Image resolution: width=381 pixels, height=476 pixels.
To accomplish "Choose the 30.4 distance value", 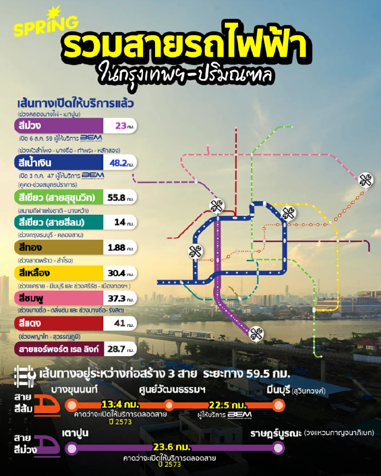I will [118, 273].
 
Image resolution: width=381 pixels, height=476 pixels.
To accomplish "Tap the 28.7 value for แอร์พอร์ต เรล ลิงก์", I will [118, 348].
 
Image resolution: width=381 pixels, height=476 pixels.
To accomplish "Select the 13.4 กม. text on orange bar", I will [121, 405].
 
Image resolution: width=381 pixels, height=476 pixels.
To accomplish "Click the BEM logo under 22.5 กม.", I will [239, 414].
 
